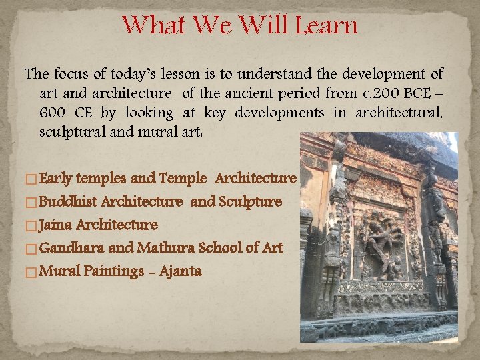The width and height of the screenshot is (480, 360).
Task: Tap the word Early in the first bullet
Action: [x=57, y=179]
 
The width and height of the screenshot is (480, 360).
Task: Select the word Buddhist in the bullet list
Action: [x=69, y=201]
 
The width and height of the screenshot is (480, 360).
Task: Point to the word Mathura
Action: [x=164, y=248]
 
